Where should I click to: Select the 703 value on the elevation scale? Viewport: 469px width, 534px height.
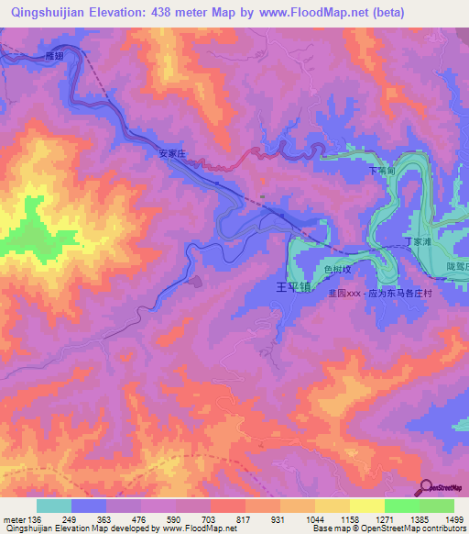coord(210,518)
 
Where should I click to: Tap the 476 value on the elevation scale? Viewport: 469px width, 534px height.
coord(140,518)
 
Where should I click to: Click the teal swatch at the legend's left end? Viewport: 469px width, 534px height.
coord(54,506)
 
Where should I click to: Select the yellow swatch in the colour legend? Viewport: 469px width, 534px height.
coord(366,506)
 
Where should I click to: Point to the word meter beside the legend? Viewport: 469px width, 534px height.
coord(13,518)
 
